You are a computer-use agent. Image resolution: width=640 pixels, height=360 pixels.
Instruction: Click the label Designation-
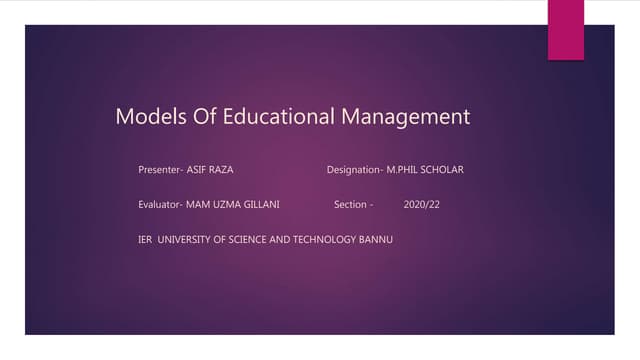[x=355, y=170]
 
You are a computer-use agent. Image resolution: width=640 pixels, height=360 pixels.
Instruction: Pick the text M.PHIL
[x=403, y=170]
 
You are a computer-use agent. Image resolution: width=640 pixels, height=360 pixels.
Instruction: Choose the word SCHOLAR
[x=443, y=170]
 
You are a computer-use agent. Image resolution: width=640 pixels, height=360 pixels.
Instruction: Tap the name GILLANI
[x=261, y=205]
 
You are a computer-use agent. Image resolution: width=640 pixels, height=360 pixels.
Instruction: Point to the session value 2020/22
[x=421, y=205]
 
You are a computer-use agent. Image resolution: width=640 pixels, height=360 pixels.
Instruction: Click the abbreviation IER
[x=145, y=240]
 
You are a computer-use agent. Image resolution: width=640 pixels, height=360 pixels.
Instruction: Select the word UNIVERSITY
[x=188, y=240]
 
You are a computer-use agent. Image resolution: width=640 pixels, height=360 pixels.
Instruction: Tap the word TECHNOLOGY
[x=328, y=240]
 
